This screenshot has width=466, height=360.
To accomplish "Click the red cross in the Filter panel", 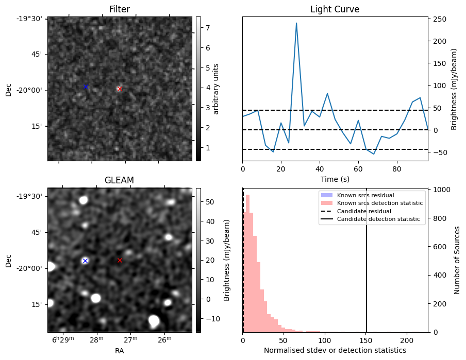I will pos(120,89).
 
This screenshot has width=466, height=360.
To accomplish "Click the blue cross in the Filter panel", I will pos(86,87).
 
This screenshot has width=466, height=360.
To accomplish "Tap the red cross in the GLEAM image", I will pos(120,260).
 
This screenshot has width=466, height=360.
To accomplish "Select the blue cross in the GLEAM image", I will pos(85,261).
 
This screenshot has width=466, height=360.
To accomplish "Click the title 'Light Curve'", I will pos(335,9).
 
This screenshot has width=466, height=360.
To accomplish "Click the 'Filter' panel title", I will pos(120,9).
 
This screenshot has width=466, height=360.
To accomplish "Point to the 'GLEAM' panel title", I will pos(119,180).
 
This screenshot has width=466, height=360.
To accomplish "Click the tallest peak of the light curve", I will pos(296,23).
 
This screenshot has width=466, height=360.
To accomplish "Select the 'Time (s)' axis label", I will pos(335,179).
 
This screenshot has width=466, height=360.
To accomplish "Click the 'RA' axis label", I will pos(120,351).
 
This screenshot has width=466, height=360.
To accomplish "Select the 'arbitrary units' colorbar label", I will pos(217,89).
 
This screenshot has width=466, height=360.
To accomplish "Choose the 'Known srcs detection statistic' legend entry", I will pos(379,203).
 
